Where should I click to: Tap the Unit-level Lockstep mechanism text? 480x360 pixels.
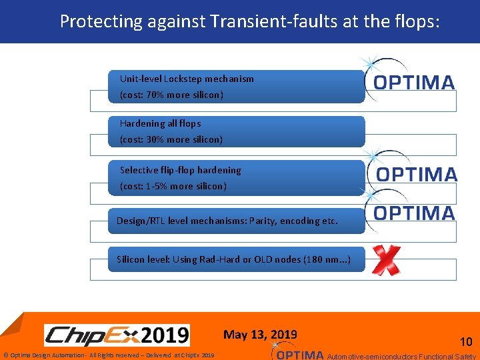[187, 79]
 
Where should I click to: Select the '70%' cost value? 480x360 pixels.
[156, 95]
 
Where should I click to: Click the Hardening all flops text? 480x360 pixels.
[160, 123]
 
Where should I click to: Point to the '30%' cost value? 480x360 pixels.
[156, 140]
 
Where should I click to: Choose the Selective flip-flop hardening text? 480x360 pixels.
[180, 170]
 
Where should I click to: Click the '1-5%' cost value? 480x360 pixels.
[158, 187]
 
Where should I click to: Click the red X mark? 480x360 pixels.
[386, 260]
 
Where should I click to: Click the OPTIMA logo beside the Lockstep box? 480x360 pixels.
[413, 82]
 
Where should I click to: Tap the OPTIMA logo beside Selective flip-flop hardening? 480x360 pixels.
[417, 174]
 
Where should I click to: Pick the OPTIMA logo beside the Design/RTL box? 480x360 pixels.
[414, 213]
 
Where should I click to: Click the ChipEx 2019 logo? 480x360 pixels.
[117, 335]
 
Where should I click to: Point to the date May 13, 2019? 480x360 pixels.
[260, 335]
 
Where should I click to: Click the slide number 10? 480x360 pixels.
[466, 342]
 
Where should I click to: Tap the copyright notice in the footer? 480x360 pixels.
[109, 355]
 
